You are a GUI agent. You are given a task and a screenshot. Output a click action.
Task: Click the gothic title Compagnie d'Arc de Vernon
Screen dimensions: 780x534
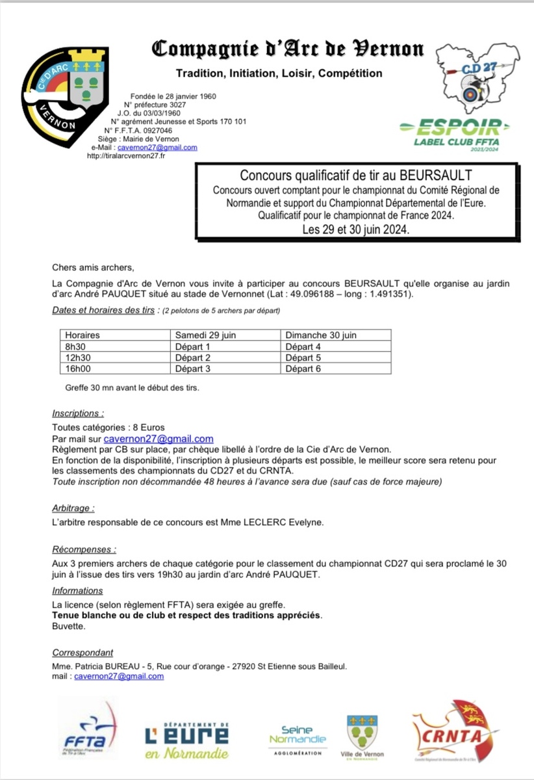(287, 49)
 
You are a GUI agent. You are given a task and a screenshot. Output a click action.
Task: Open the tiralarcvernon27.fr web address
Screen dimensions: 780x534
(125, 155)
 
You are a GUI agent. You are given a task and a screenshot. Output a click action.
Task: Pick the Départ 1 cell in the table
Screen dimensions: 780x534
(194, 346)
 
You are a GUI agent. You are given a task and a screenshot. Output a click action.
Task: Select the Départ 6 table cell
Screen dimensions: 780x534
(303, 369)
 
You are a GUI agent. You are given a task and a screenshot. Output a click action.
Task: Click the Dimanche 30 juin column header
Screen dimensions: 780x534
(321, 335)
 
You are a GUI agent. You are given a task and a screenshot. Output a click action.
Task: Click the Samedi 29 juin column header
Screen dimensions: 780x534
(205, 335)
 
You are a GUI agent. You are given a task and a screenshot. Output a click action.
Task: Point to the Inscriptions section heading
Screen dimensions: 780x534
(77, 413)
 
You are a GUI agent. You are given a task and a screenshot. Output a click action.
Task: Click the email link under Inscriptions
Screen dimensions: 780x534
(159, 439)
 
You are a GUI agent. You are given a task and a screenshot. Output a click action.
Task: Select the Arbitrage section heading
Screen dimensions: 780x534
(73, 508)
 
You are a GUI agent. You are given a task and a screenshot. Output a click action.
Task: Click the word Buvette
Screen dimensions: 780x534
(68, 627)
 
